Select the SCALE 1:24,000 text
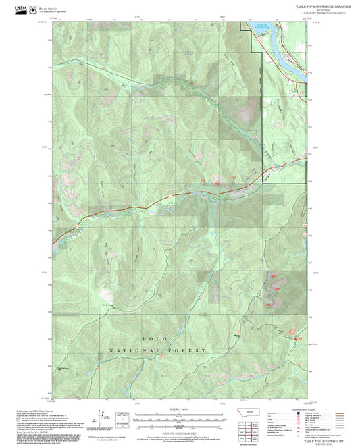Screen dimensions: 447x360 (x=180, y=409)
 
